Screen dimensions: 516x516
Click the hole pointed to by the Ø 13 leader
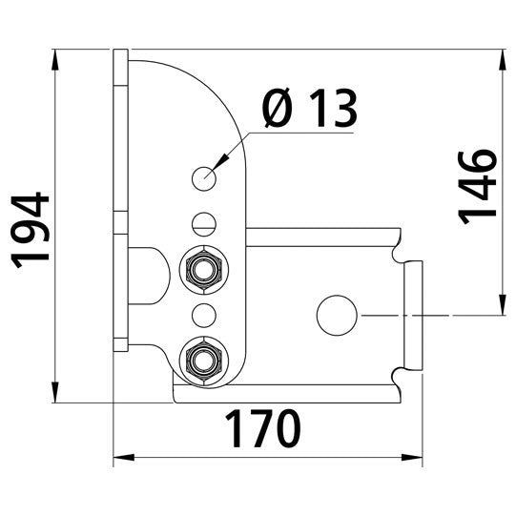204,177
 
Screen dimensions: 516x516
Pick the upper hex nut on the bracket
201,269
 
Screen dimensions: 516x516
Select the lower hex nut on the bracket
201,359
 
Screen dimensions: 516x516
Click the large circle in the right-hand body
336,315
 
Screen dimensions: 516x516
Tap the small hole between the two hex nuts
201,314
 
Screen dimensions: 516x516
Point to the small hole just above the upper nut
201,224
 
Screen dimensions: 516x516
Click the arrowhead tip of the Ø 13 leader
218,164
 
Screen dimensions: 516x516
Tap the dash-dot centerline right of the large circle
401,315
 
